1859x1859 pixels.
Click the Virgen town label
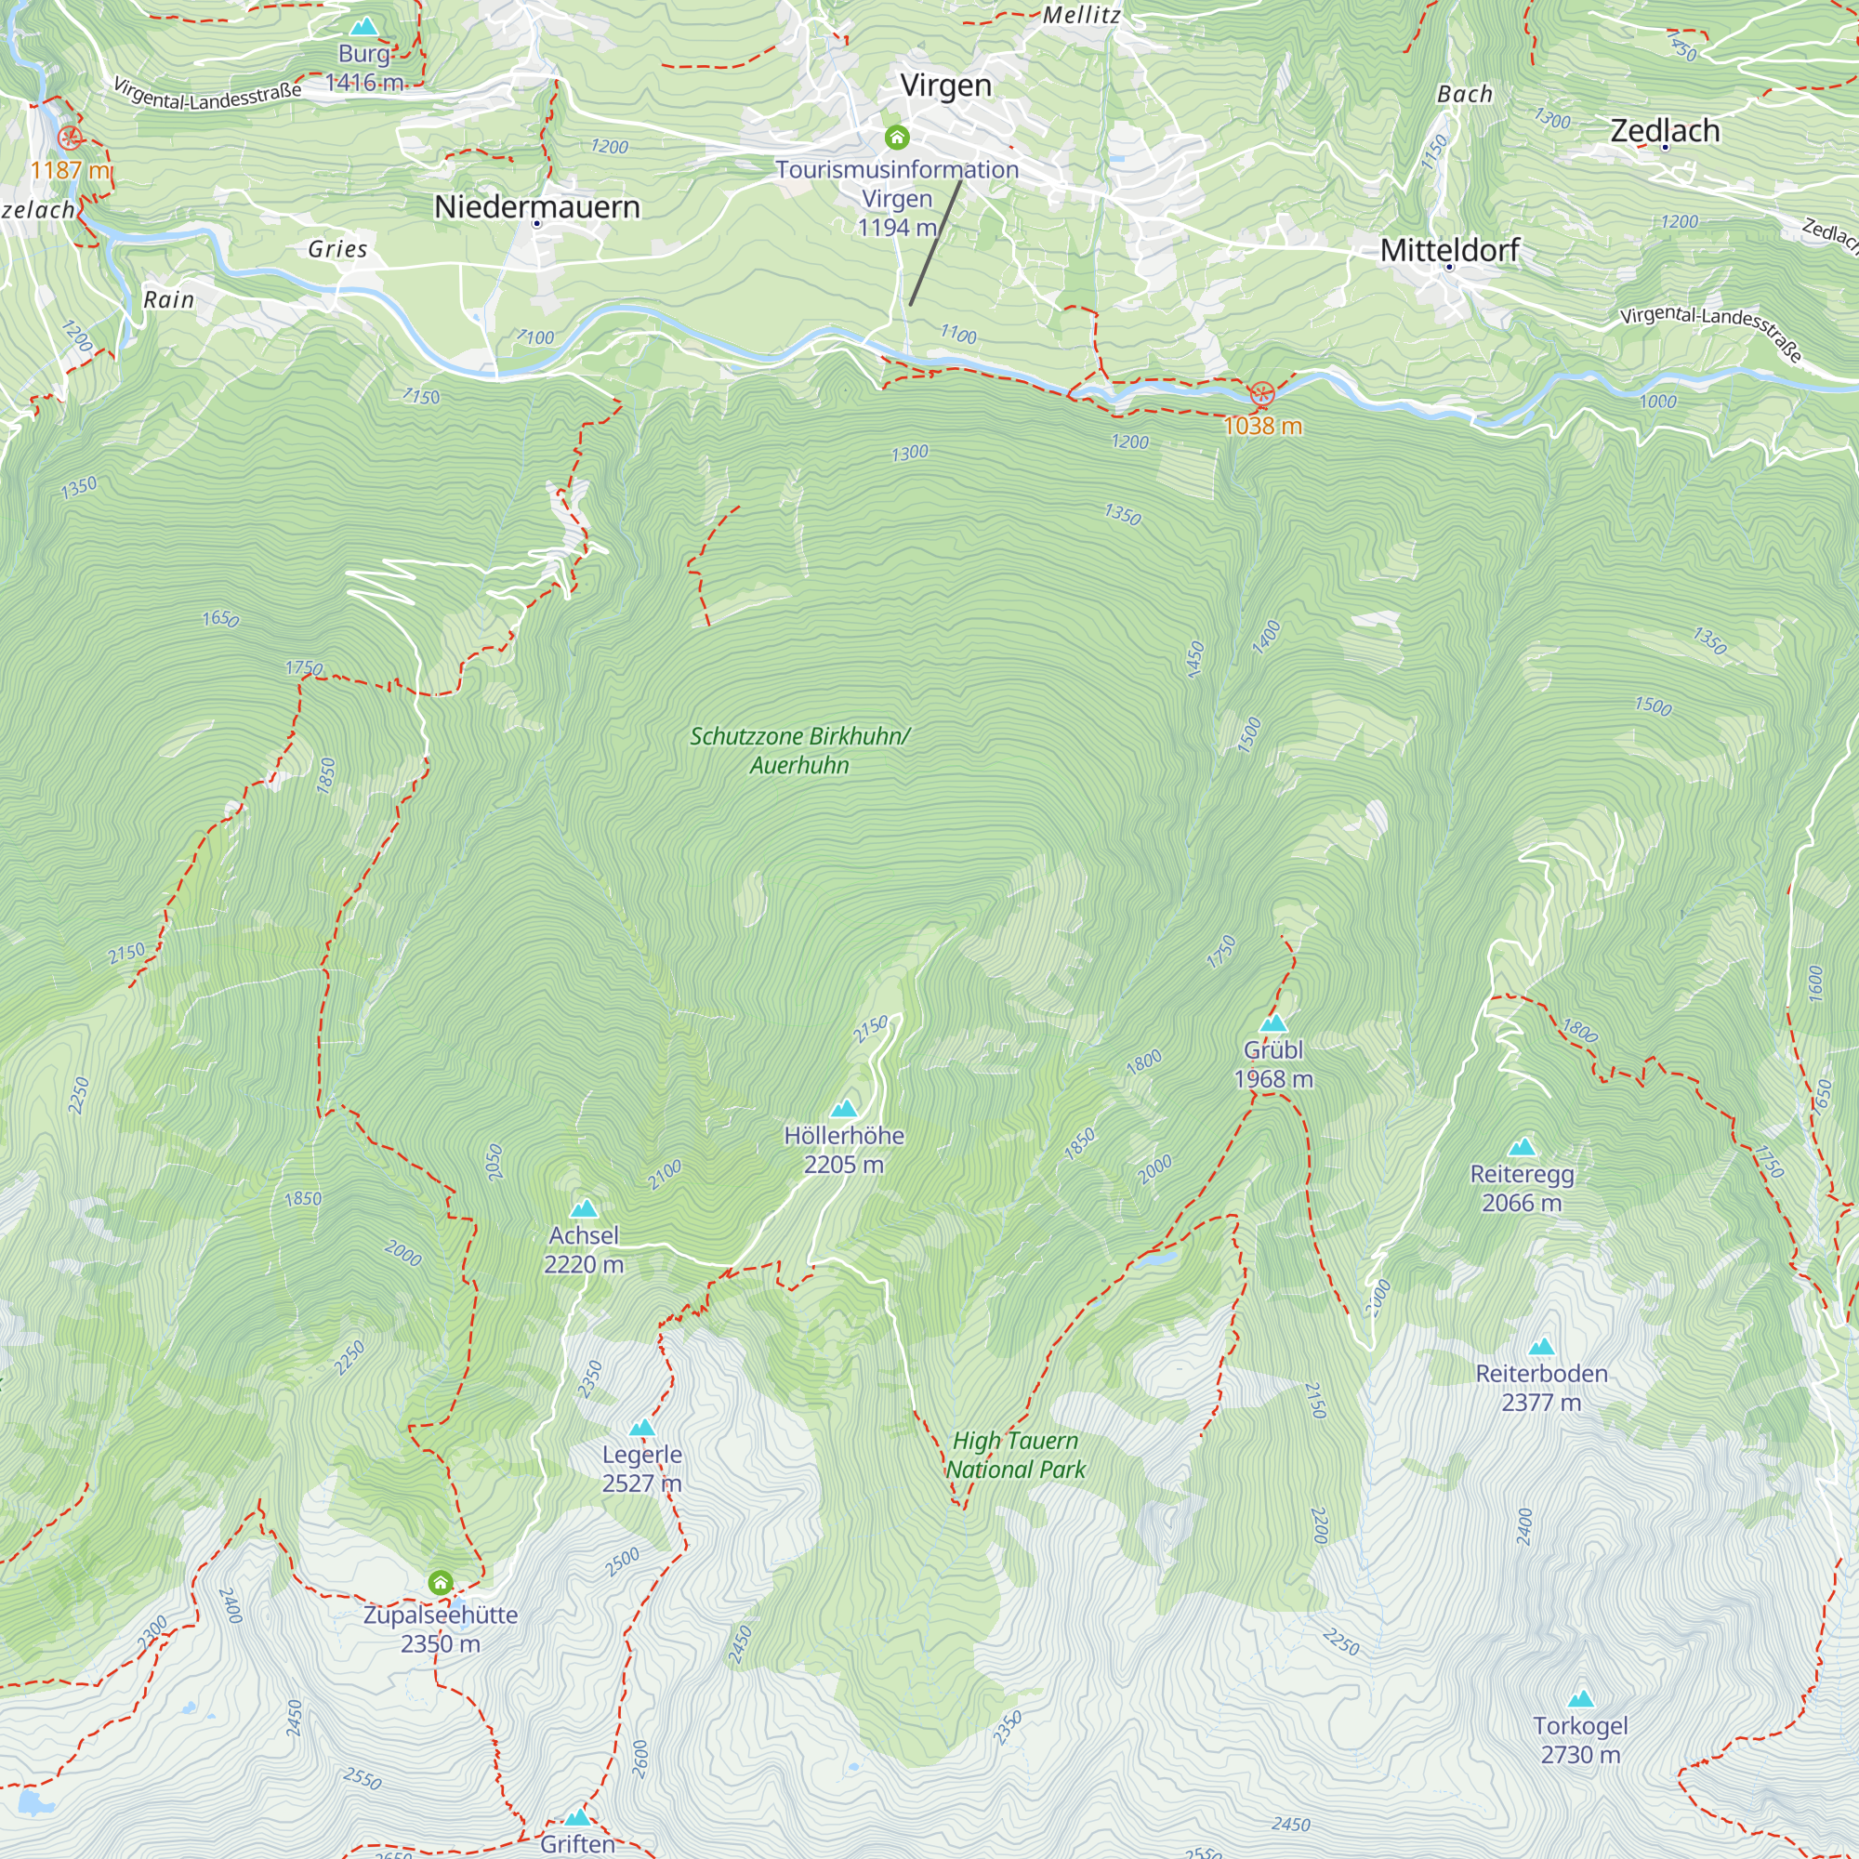click(945, 86)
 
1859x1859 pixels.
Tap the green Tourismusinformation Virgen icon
click(897, 138)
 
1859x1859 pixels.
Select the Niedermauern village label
click(537, 206)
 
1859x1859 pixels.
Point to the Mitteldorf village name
click(1449, 250)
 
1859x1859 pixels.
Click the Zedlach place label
click(1665, 130)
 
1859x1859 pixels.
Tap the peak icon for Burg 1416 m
click(363, 27)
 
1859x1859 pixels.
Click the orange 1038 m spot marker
click(1261, 393)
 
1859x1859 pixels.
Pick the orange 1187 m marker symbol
click(70, 138)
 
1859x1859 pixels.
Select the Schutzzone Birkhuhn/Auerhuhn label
click(799, 750)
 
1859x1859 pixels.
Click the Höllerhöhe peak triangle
click(844, 1109)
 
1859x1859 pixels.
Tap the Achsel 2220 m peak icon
click(583, 1208)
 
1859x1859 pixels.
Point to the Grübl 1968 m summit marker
click(1273, 1022)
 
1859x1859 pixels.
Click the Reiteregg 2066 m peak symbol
click(1522, 1147)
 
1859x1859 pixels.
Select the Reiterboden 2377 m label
click(1541, 1387)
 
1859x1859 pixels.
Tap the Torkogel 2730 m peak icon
click(1581, 1699)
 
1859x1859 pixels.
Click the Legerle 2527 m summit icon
click(641, 1428)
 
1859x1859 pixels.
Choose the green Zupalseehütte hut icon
click(441, 1582)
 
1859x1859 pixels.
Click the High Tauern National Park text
click(1015, 1454)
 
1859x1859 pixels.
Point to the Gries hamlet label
click(337, 249)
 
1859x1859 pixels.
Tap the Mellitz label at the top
click(1082, 16)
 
